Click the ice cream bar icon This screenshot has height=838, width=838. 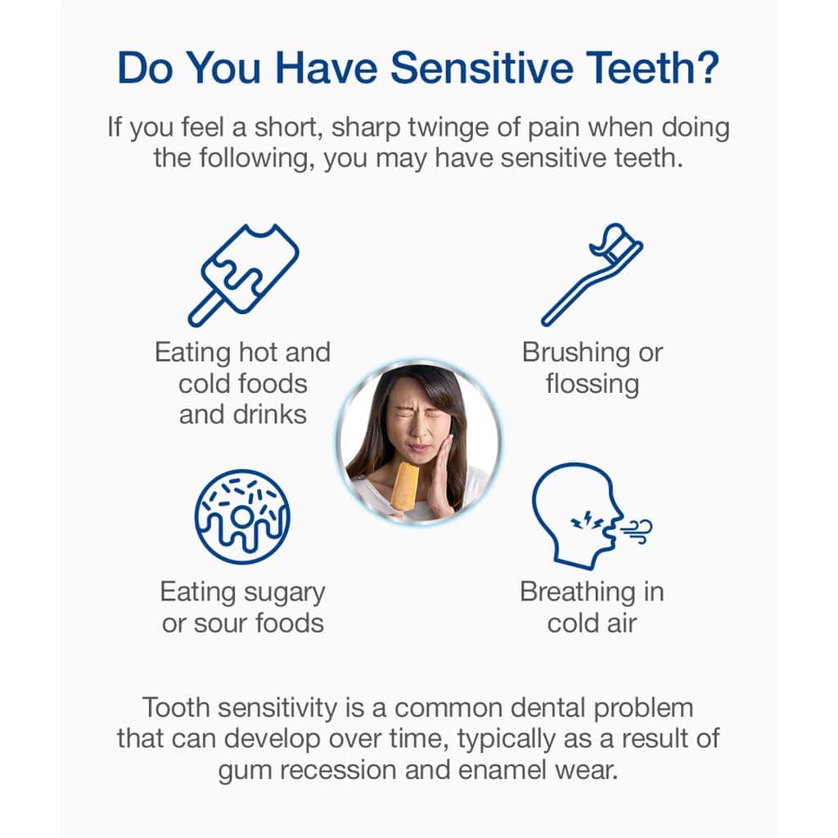[x=244, y=275]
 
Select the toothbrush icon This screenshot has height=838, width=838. [x=592, y=274]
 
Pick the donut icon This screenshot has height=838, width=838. [x=242, y=516]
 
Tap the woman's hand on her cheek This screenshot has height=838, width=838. [x=439, y=475]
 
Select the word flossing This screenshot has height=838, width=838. [x=592, y=385]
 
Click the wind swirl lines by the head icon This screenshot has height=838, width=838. [x=637, y=530]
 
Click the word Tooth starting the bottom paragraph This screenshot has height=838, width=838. [x=176, y=708]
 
